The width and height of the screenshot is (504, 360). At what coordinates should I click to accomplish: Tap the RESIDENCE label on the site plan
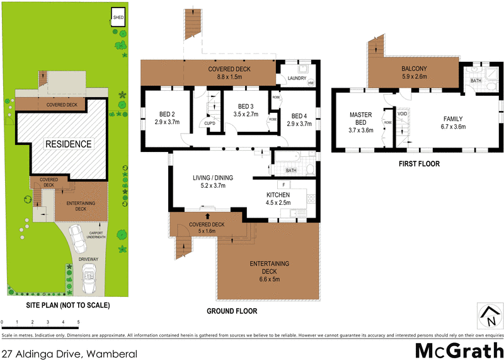click(67, 144)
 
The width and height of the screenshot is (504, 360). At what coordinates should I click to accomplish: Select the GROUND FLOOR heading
click(232, 311)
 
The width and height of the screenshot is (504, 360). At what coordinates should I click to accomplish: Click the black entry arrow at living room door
click(207, 216)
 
